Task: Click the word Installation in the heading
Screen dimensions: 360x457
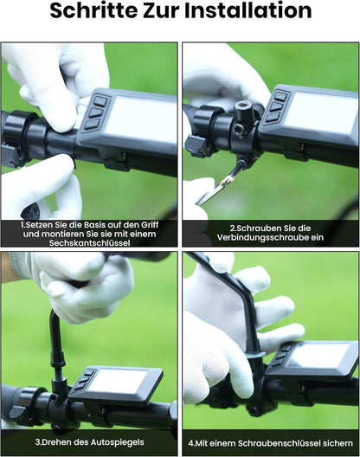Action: pyautogui.click(x=248, y=10)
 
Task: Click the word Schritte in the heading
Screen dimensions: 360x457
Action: pyautogui.click(x=93, y=10)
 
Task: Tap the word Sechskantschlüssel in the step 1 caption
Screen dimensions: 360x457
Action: pyautogui.click(x=89, y=243)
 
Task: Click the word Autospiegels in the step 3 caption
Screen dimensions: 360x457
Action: pyautogui.click(x=117, y=442)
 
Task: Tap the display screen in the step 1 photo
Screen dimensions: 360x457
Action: pyautogui.click(x=140, y=120)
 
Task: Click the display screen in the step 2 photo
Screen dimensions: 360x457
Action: pyautogui.click(x=321, y=113)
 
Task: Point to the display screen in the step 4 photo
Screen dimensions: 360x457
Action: pyautogui.click(x=318, y=355)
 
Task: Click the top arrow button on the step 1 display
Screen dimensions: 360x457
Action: pyautogui.click(x=100, y=101)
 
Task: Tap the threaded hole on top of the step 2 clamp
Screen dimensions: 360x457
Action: pyautogui.click(x=241, y=106)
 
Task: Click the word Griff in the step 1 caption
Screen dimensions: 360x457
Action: pyautogui.click(x=150, y=225)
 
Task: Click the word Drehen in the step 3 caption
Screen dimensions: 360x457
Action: pyautogui.click(x=57, y=442)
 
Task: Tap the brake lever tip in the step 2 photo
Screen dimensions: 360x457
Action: pyautogui.click(x=194, y=145)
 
